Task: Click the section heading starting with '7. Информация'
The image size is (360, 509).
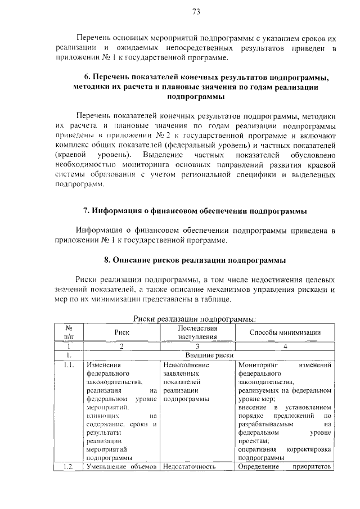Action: pyautogui.click(x=195, y=211)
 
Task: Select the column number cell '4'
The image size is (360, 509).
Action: pyautogui.click(x=285, y=346)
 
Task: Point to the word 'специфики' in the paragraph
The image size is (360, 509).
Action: pyautogui.click(x=252, y=175)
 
